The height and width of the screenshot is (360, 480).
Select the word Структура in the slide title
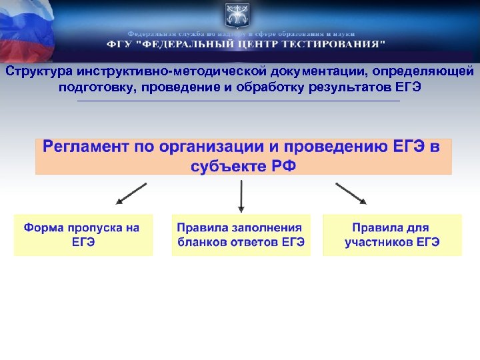coord(38,71)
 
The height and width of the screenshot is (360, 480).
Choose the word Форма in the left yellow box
coord(44,228)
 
